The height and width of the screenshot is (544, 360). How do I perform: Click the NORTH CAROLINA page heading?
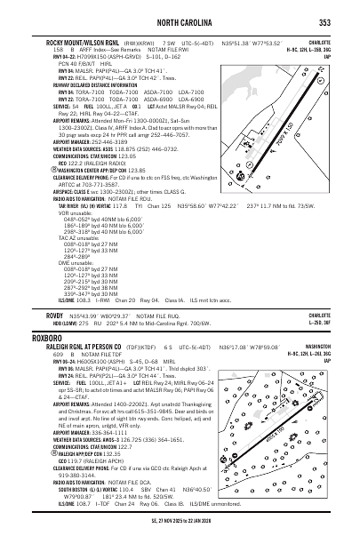180,22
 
